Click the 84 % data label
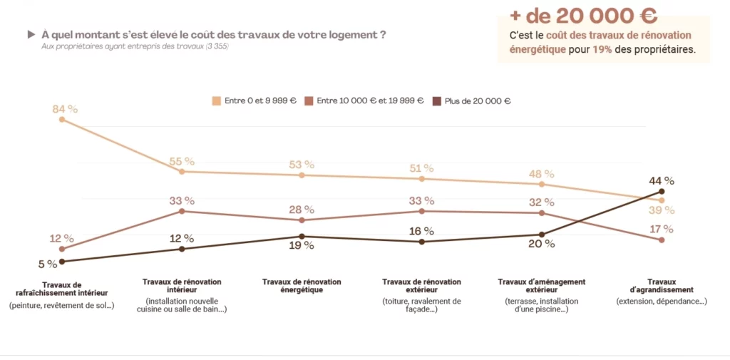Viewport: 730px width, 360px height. coord(65,109)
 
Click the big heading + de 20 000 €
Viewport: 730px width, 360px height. coord(583,16)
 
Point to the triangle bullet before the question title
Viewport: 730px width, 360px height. coord(31,34)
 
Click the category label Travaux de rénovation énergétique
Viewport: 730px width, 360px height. coord(302,286)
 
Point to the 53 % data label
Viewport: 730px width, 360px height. coord(302,165)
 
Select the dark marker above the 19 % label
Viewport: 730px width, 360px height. coord(302,236)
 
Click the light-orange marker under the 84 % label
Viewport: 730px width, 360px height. coord(62,120)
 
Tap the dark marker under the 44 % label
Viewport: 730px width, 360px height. coord(662,191)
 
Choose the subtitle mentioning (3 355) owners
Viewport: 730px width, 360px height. coord(135,46)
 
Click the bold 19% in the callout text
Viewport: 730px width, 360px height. coord(602,50)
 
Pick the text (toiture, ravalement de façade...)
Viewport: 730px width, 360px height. coord(421,305)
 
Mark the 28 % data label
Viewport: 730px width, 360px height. coord(302,210)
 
